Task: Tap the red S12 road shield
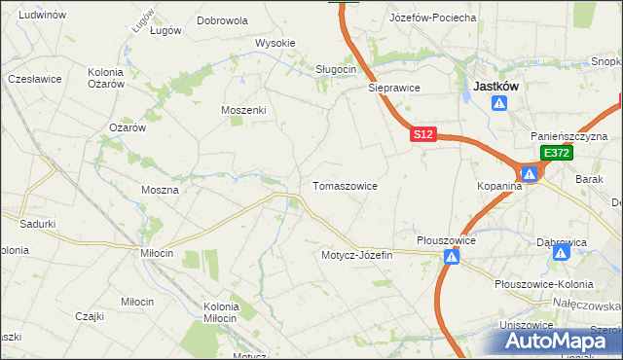[x=421, y=135]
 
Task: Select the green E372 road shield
[x=556, y=154]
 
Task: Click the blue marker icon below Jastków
[x=499, y=103]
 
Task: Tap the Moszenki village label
[x=243, y=110]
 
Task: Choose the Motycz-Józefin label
[x=356, y=255]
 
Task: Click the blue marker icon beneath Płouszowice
[x=451, y=257]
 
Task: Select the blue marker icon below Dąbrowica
[x=561, y=252]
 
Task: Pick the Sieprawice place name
[x=393, y=87]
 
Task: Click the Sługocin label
[x=337, y=69]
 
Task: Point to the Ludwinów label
[x=42, y=15]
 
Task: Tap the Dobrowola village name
[x=222, y=19]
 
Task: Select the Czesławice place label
[x=35, y=78]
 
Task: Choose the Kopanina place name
[x=500, y=185]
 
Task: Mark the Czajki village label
[x=90, y=316]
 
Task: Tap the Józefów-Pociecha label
[x=432, y=18]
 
